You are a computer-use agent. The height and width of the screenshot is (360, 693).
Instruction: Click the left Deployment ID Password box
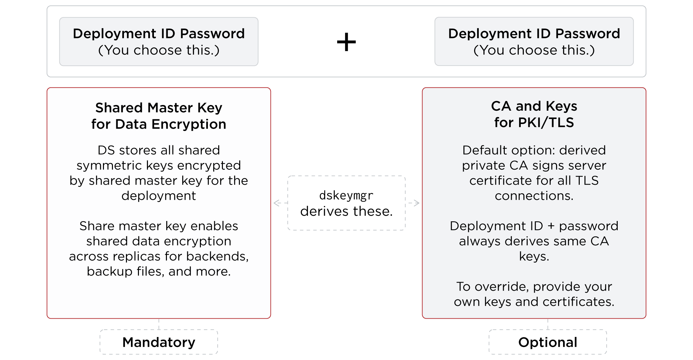[x=159, y=42]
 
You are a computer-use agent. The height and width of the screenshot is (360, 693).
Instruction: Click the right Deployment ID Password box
[x=534, y=42]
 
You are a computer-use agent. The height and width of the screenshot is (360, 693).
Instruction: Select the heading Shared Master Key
[x=159, y=108]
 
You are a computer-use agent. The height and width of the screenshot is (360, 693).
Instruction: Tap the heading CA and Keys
[x=534, y=106]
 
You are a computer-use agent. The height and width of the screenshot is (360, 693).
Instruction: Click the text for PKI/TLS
[x=534, y=122]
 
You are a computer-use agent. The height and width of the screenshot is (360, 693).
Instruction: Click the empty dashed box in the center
[x=346, y=203]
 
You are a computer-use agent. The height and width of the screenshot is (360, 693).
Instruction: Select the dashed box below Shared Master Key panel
[x=159, y=342]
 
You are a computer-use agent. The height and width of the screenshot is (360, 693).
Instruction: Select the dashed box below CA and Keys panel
[x=547, y=342]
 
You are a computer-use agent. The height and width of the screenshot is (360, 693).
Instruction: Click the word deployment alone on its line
[x=159, y=196]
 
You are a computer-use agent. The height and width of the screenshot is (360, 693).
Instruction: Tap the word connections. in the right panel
[x=534, y=196]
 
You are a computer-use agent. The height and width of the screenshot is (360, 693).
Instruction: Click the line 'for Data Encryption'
[x=159, y=124]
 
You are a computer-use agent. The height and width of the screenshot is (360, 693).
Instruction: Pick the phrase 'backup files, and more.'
[x=159, y=271]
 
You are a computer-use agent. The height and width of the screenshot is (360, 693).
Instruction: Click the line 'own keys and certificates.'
[x=534, y=302]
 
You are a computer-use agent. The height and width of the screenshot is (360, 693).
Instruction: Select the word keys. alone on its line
[x=534, y=256]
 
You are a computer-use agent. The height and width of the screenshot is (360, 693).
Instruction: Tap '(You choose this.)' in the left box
[x=159, y=50]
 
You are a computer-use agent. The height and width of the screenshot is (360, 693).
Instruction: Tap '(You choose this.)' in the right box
[x=534, y=50]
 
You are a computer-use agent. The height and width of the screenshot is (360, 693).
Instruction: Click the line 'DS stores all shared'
[x=159, y=150]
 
